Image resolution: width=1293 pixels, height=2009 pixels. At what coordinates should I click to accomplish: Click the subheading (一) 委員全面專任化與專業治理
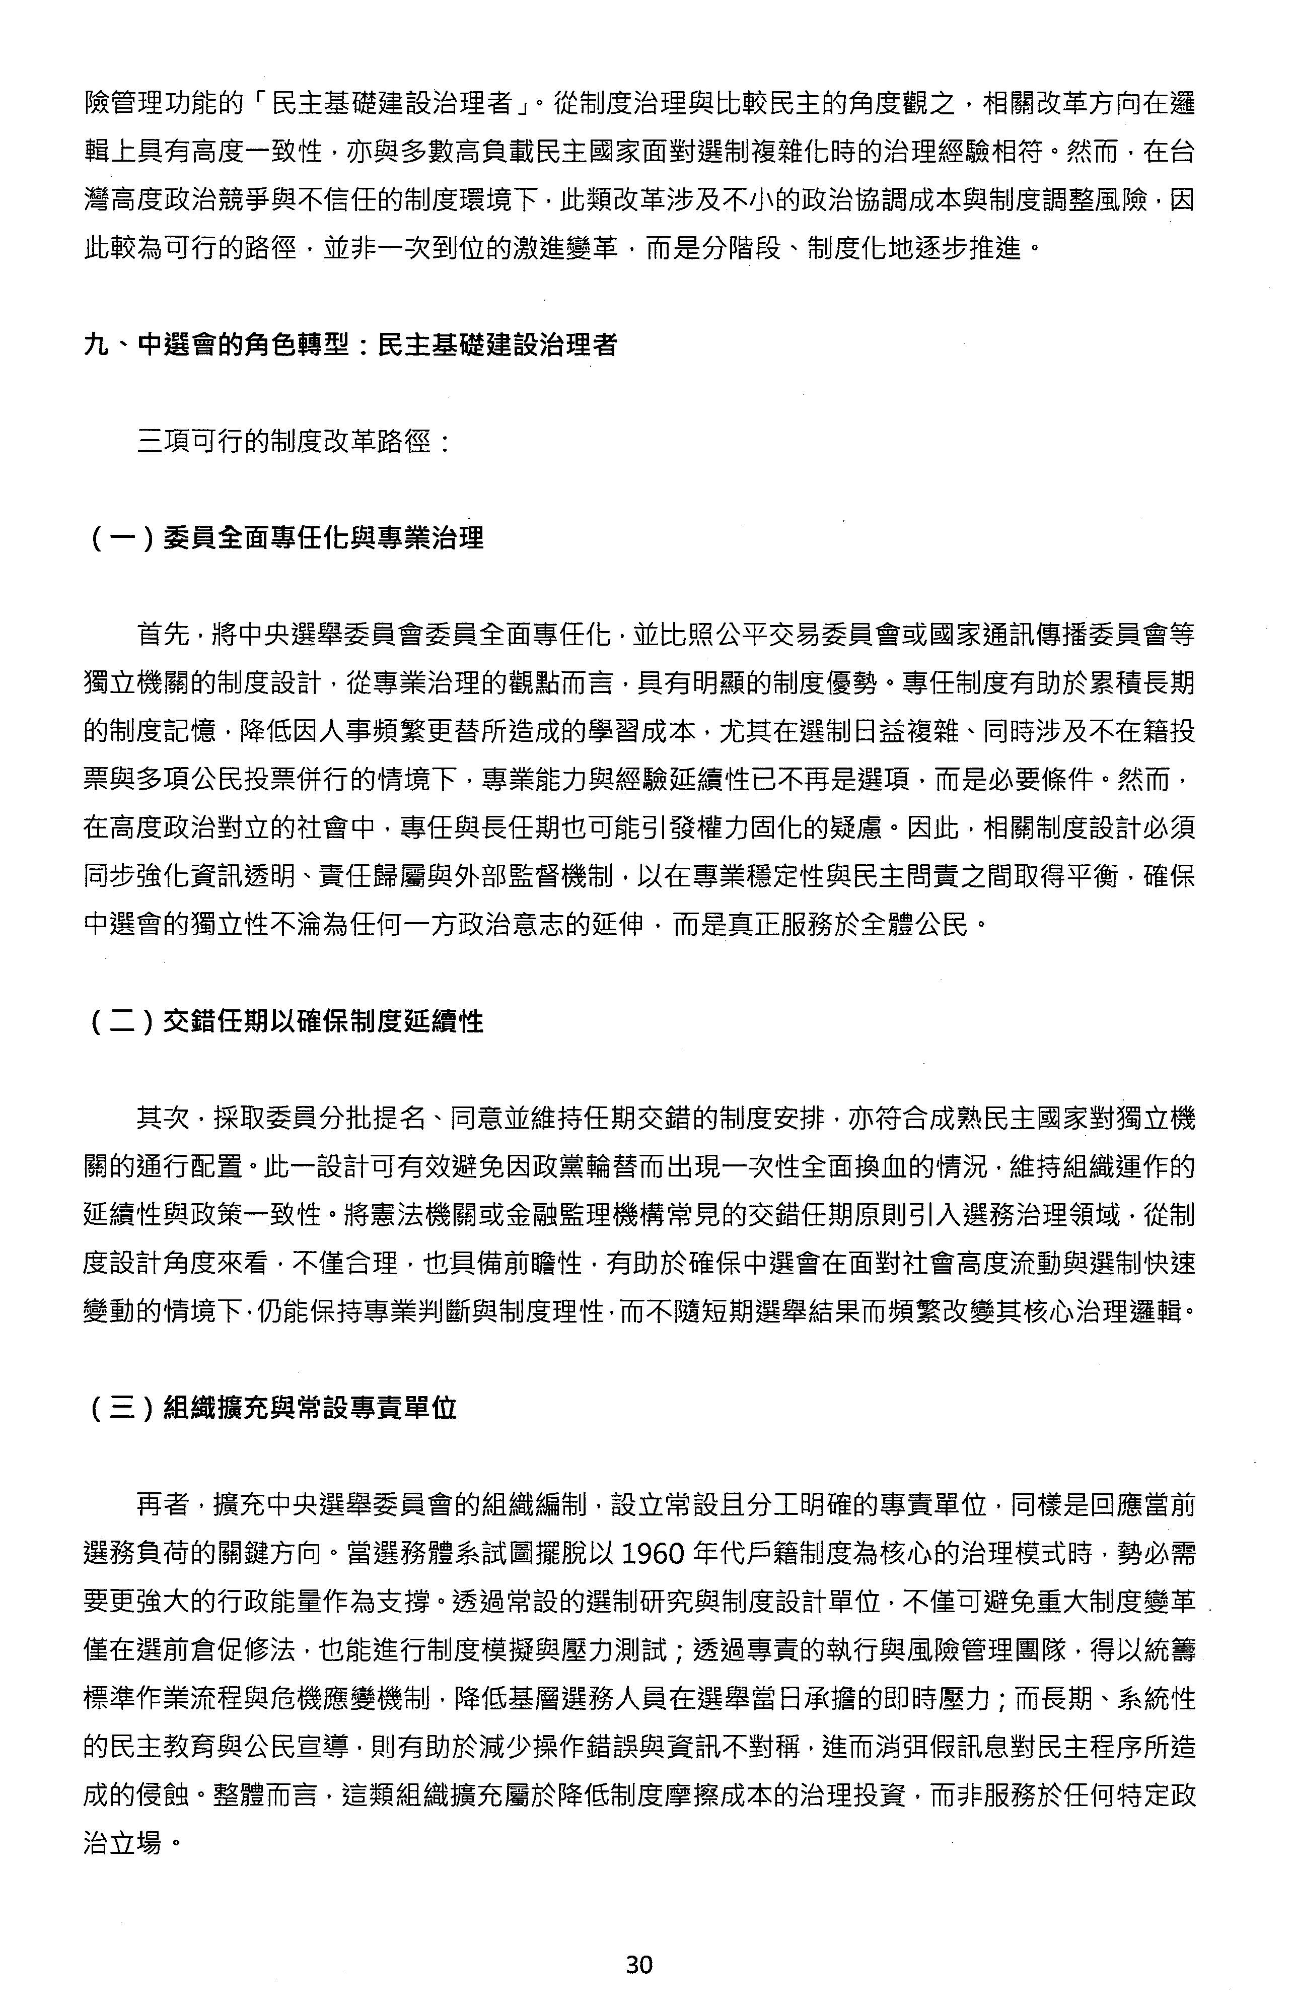[285, 538]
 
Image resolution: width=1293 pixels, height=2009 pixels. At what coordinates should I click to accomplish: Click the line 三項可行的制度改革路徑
[294, 442]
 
